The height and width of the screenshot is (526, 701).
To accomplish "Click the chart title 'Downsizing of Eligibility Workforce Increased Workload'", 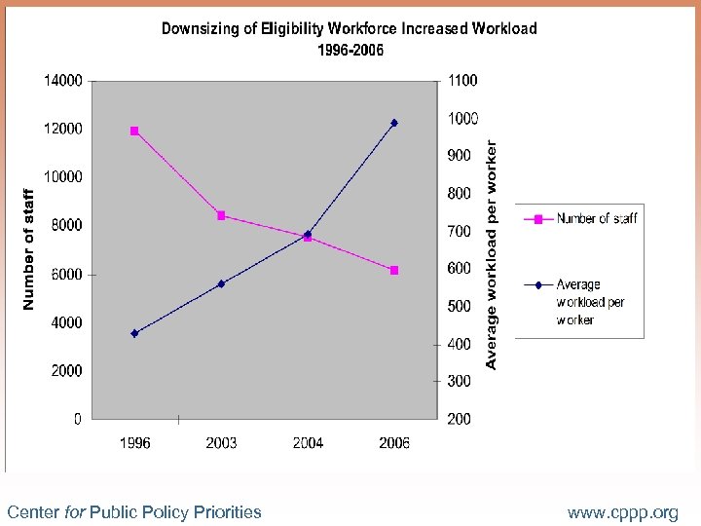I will (x=350, y=28).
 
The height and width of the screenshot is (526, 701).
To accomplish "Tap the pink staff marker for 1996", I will (x=134, y=131).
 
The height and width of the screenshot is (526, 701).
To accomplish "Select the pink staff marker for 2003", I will (x=221, y=215).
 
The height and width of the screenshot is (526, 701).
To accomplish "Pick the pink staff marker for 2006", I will (x=394, y=270).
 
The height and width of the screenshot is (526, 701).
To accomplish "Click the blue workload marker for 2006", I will (x=394, y=123).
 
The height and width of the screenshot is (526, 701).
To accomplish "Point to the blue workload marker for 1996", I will (x=134, y=333).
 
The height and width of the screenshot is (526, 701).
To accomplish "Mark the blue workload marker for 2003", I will (x=221, y=283).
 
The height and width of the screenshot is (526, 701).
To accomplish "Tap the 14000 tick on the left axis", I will (x=62, y=81).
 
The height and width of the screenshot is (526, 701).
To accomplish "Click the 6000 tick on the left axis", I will (x=66, y=275).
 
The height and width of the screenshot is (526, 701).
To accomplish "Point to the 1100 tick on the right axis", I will (x=462, y=81).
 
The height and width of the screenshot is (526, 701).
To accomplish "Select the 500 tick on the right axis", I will (x=459, y=307).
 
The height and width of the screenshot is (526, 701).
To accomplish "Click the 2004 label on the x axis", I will (x=308, y=443).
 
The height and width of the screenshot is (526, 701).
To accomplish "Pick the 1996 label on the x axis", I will (x=134, y=443).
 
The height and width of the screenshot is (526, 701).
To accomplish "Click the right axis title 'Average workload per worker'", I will (x=492, y=254).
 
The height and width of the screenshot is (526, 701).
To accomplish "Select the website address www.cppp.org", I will (x=623, y=512).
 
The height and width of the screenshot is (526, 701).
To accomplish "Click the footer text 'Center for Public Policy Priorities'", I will (x=134, y=512).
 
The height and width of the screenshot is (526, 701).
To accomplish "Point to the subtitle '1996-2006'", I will (x=350, y=51).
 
